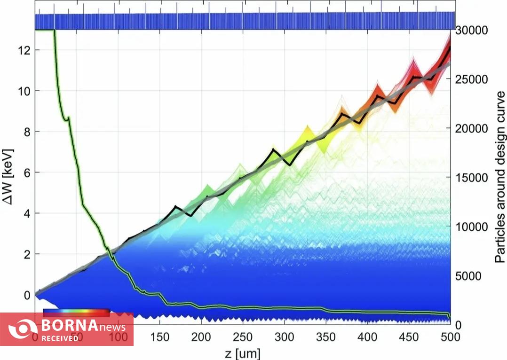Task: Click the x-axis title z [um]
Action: click(243, 353)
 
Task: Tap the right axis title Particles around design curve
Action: click(499, 177)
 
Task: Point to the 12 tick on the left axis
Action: click(24, 50)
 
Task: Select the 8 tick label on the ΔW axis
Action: click(26, 132)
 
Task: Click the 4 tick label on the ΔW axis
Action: click(26, 213)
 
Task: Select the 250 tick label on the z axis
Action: click(243, 337)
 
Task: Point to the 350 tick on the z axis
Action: click(326, 337)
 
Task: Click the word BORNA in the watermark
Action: click(69, 325)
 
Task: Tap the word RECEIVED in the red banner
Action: click(60, 338)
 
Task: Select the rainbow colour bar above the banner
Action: click(76, 311)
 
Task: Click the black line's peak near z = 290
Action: click(273, 149)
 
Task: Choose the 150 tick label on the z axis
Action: click(160, 337)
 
